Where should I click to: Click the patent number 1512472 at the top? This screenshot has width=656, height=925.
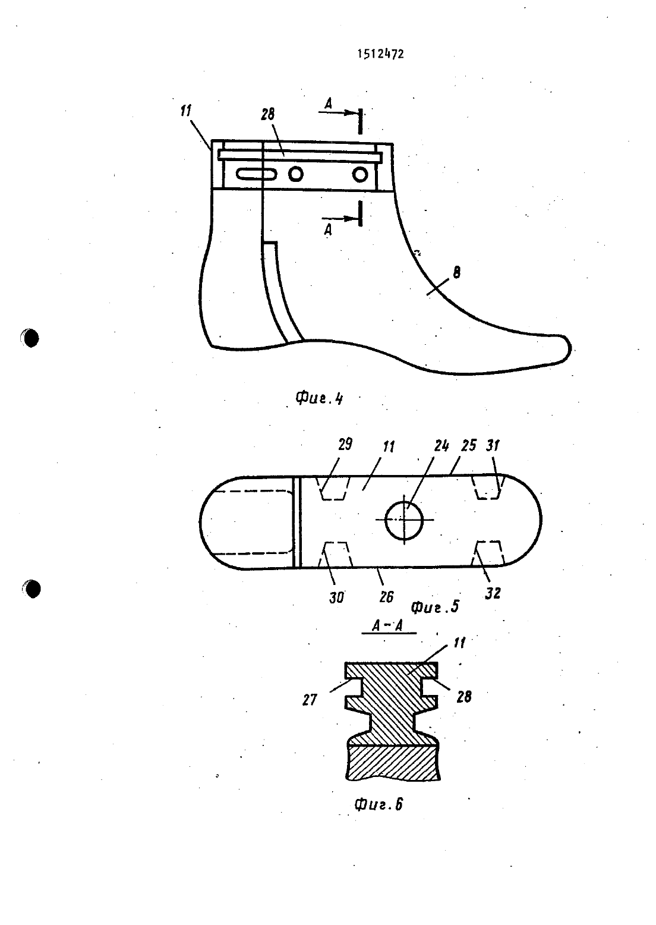(x=380, y=54)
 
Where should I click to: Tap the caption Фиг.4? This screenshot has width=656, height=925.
(x=319, y=398)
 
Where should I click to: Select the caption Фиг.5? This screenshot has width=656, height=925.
(x=435, y=606)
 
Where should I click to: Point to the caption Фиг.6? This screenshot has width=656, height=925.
(x=379, y=804)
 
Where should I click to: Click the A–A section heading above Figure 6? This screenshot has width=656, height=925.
(x=387, y=626)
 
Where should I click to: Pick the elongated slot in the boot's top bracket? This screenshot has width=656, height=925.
(x=256, y=174)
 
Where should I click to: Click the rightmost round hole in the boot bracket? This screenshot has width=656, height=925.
(x=360, y=175)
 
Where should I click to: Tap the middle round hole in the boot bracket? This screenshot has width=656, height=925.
(x=295, y=174)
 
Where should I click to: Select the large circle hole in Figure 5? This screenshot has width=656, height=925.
(x=403, y=521)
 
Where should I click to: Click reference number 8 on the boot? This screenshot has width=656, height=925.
(x=456, y=272)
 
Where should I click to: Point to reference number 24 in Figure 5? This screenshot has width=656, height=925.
(x=441, y=446)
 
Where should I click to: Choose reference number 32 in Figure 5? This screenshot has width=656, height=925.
(x=493, y=593)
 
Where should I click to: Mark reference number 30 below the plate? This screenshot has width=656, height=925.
(x=336, y=597)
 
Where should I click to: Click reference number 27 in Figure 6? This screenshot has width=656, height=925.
(x=310, y=700)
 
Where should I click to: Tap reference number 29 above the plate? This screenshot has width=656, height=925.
(x=345, y=444)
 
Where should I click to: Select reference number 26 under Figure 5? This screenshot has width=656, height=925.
(x=386, y=597)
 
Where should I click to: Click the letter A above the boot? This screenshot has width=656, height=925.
(x=328, y=103)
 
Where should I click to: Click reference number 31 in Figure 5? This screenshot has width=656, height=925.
(x=493, y=446)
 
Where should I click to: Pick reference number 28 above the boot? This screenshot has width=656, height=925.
(x=267, y=114)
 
